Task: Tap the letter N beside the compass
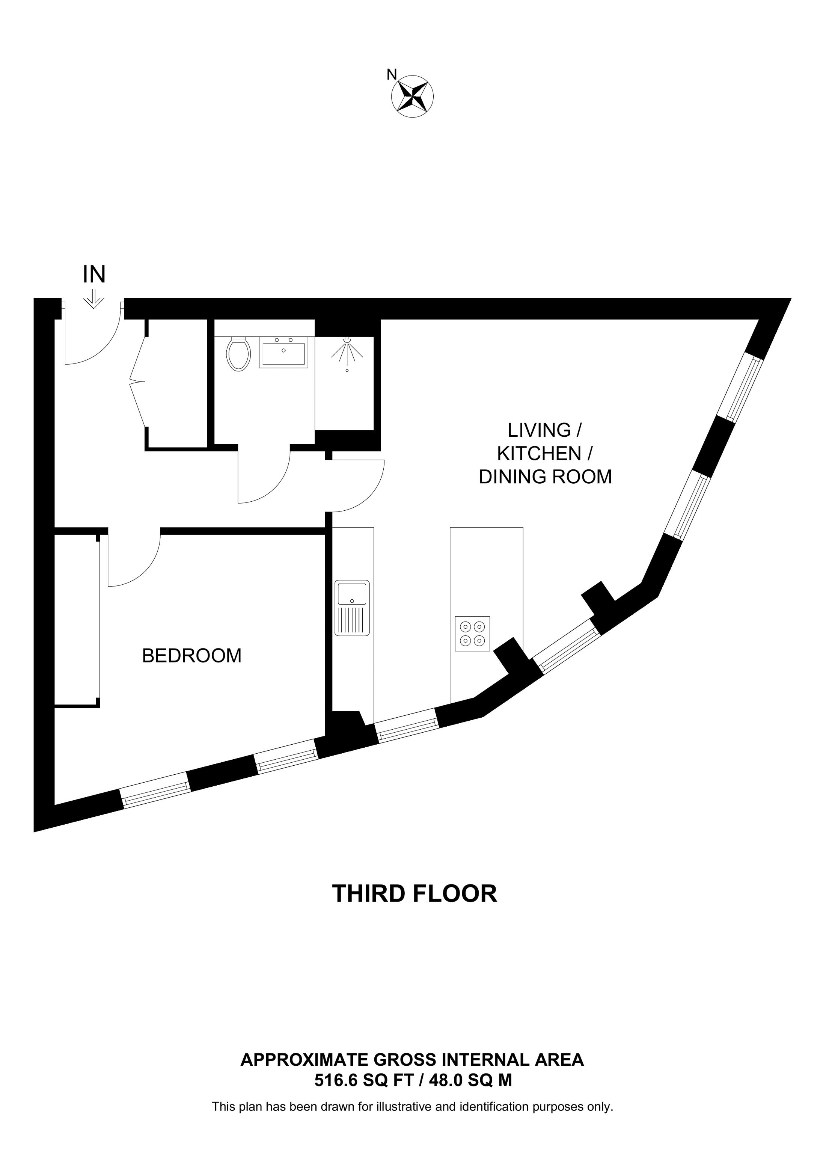click(x=391, y=75)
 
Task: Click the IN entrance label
click(x=94, y=275)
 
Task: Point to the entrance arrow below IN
click(x=93, y=299)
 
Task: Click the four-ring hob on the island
click(x=472, y=634)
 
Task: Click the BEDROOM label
click(x=191, y=656)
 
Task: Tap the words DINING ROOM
click(x=545, y=477)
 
